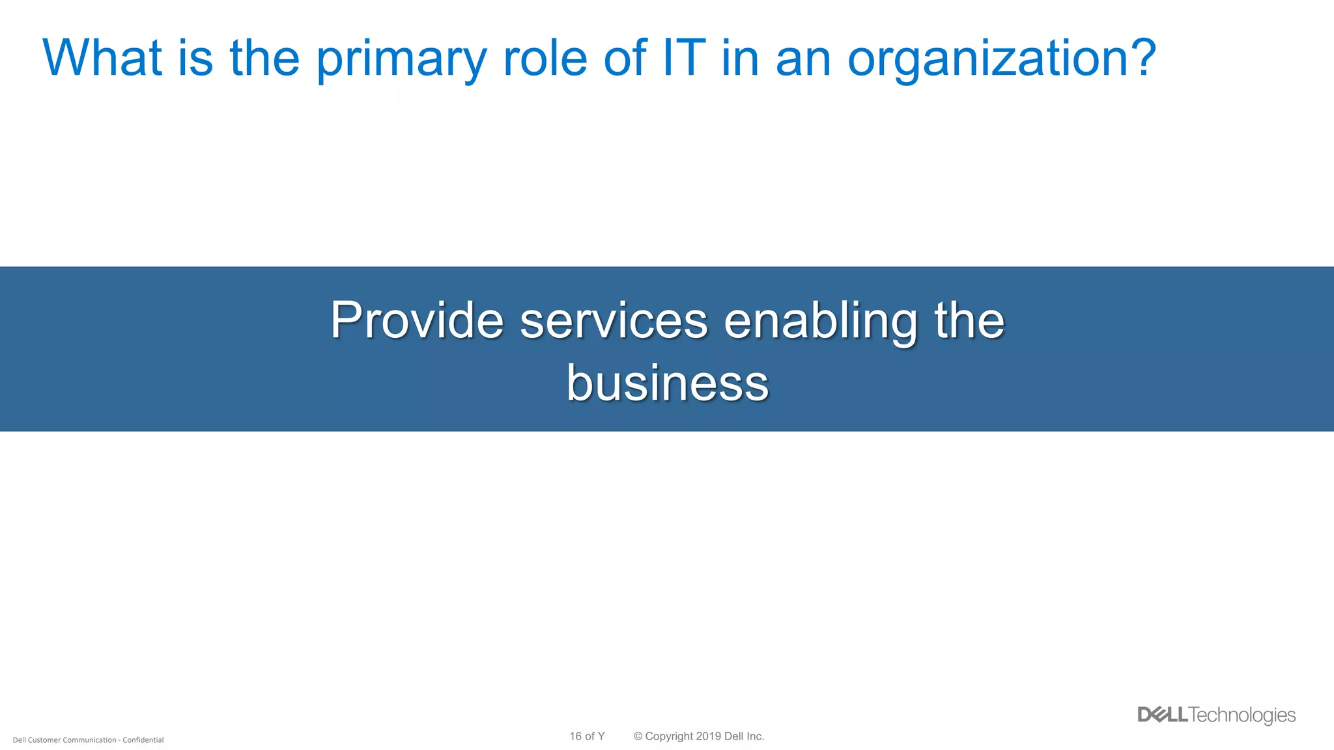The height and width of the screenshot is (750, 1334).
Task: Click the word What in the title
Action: [102, 58]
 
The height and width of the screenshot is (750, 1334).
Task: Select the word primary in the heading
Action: [401, 60]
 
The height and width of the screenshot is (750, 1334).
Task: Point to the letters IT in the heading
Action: [684, 58]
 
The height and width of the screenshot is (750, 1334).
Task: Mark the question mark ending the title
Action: [1142, 58]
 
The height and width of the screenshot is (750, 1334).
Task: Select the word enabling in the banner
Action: [821, 322]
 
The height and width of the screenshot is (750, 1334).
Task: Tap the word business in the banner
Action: [667, 383]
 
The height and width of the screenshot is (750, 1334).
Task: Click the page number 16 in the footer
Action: [575, 736]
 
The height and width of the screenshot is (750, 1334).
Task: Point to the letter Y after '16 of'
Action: [601, 736]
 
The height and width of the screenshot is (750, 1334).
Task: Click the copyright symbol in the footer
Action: [638, 736]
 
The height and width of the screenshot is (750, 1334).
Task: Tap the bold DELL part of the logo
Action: [1163, 715]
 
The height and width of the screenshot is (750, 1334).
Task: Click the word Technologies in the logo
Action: [1242, 715]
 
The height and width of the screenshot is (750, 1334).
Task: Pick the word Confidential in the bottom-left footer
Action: [143, 740]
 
